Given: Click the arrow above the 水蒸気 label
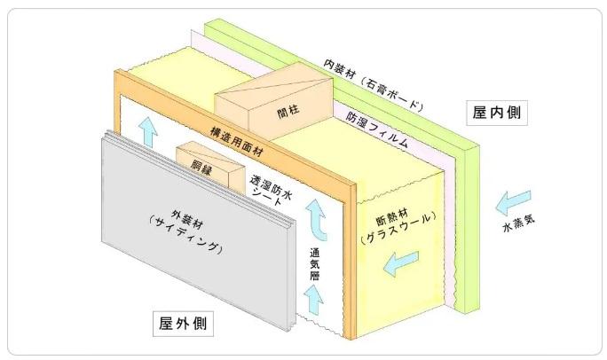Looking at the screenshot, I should (x=516, y=201).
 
